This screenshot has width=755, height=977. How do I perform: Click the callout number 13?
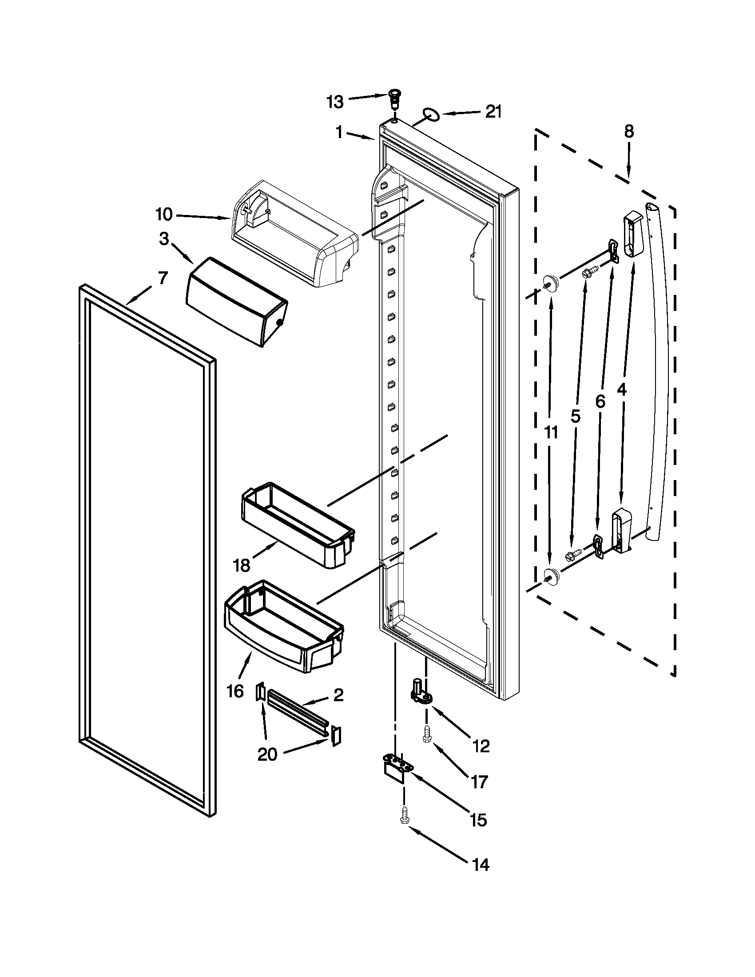pyautogui.click(x=334, y=103)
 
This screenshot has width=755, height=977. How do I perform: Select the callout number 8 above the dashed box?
pyautogui.click(x=628, y=131)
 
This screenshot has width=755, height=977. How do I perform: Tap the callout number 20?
pyautogui.click(x=267, y=755)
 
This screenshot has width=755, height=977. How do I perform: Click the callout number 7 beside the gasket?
pyautogui.click(x=163, y=278)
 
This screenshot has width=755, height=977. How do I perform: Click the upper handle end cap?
pyautogui.click(x=633, y=235)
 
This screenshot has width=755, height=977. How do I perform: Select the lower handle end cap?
pyautogui.click(x=621, y=530)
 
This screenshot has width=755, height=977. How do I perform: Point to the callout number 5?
pyautogui.click(x=575, y=416)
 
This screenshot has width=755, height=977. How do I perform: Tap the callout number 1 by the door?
pyautogui.click(x=339, y=132)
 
